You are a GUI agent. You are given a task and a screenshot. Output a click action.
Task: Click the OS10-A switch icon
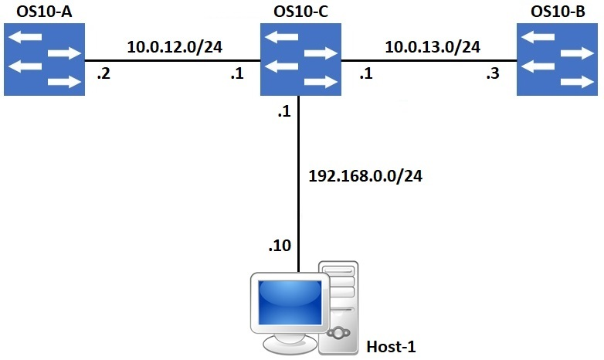pos(44,59)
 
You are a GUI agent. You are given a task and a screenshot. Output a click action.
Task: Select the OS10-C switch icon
pos(300,59)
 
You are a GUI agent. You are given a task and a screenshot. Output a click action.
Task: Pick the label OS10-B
pos(558,12)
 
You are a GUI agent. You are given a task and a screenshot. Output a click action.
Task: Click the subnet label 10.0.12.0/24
pos(175,46)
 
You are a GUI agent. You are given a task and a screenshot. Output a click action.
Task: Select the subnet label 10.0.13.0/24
pos(433,46)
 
